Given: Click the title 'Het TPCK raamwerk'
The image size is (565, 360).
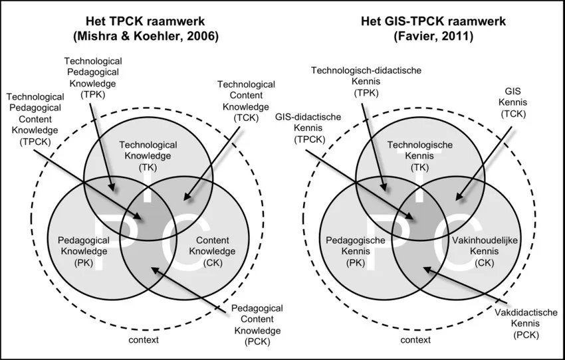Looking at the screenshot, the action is coord(145,21).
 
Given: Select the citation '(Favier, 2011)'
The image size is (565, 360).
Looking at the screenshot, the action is coord(433,37).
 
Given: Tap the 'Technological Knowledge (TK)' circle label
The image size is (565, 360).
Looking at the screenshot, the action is coord(148,156).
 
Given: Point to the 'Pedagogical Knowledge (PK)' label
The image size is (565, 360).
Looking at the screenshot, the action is coord(84,251).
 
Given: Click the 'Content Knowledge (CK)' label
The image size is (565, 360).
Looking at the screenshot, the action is coord(213,251).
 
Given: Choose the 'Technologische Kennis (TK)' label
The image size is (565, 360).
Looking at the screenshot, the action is coord(420,156).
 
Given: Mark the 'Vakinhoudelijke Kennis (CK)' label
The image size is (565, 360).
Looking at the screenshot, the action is coord(485,251).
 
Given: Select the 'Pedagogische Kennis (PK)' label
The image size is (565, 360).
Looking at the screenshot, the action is coord(356,251).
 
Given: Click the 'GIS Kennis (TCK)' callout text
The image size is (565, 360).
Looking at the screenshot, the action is coord(512,102).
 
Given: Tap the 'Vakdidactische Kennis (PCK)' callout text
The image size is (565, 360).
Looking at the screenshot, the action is coord(526,323).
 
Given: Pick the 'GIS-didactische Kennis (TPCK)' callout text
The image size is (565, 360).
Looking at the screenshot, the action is coord(308,128).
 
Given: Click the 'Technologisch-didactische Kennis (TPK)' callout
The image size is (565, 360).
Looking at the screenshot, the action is coord(366,82).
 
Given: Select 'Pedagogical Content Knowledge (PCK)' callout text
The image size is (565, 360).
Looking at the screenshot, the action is coord(257,325).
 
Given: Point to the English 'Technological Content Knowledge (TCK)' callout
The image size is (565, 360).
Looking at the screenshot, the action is coord(246,101).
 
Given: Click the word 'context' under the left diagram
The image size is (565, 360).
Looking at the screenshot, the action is coord(144,340).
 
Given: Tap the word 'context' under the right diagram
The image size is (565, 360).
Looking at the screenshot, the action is coord(415,340).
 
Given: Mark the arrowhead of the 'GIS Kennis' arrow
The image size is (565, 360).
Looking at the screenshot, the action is coord(459,197).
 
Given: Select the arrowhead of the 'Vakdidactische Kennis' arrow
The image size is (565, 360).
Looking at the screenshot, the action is coord(427,269).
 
